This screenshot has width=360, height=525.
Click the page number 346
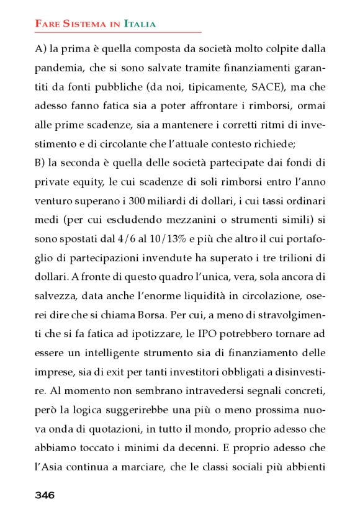[45, 495]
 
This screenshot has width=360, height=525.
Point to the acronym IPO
[212, 331]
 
